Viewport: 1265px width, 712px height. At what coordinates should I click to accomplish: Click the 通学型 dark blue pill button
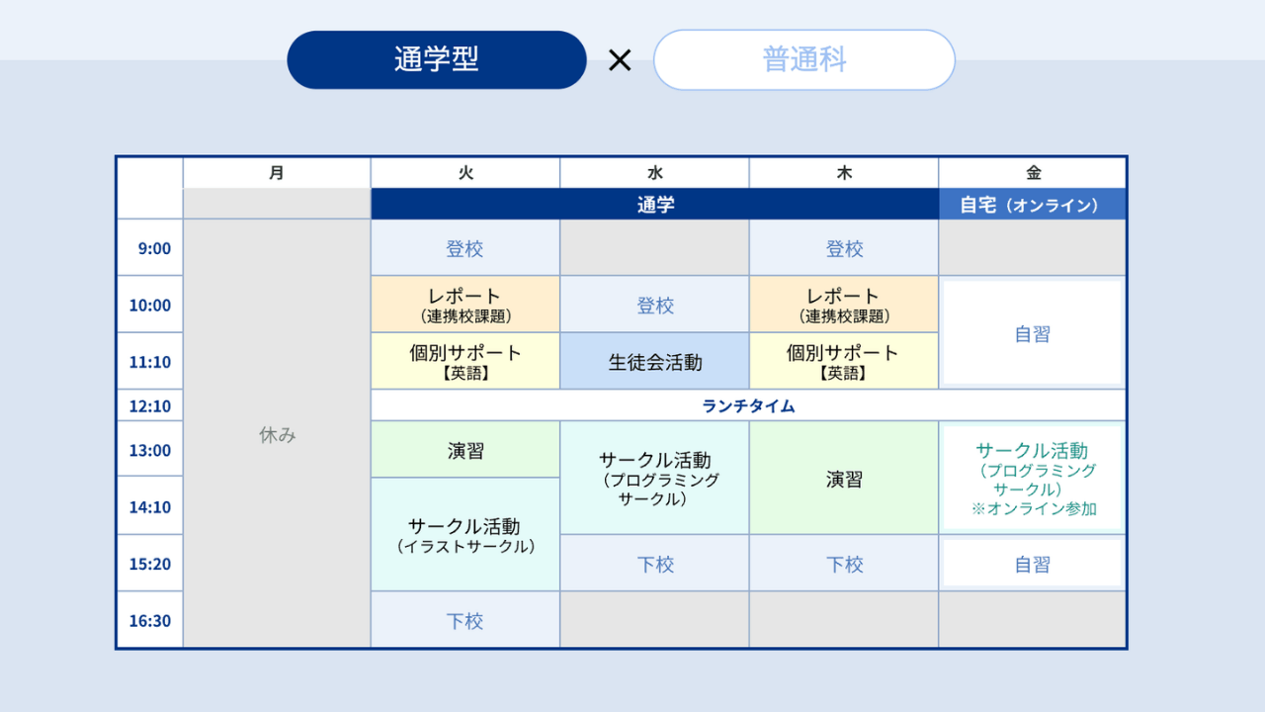tap(437, 60)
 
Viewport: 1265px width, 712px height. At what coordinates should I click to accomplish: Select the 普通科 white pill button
tap(804, 60)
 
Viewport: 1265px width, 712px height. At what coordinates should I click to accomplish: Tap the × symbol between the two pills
tap(620, 60)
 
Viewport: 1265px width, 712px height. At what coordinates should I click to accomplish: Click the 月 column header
tap(276, 172)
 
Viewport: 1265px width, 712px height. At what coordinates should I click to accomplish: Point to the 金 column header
tap(1033, 172)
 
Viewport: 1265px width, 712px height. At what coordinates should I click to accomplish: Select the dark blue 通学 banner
tap(654, 204)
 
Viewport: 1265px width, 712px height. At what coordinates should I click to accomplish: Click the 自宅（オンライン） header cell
tap(1033, 204)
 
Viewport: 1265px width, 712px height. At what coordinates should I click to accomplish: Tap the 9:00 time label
tap(154, 248)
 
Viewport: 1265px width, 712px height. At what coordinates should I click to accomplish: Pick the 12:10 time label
tap(149, 405)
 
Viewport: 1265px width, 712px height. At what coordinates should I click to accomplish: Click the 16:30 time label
tap(149, 620)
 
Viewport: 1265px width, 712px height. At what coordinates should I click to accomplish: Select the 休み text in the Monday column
tap(278, 434)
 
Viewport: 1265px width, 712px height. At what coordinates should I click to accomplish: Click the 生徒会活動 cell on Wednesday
tap(654, 361)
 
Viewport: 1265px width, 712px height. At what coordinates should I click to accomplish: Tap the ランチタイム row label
tap(748, 405)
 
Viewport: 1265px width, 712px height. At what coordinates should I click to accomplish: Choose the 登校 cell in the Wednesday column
tap(654, 305)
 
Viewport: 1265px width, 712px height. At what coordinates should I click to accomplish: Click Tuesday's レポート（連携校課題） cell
tap(465, 305)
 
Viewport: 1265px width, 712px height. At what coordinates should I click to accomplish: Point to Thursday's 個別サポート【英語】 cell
tap(844, 361)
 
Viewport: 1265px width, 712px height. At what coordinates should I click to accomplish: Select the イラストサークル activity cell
tap(465, 535)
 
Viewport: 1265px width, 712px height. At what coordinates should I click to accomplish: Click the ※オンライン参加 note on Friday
tap(1034, 508)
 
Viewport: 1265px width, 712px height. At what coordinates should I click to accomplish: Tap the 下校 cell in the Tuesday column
tap(465, 620)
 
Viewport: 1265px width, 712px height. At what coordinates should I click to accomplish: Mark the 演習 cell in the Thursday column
tap(844, 478)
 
